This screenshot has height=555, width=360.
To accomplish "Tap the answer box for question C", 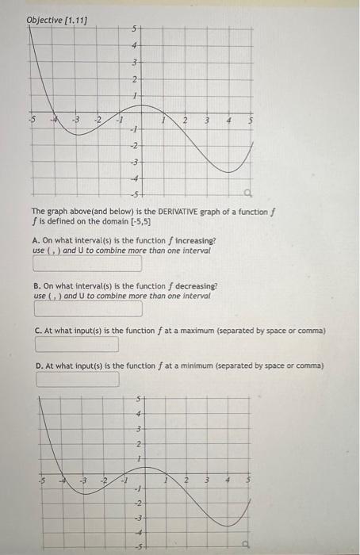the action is [76, 344].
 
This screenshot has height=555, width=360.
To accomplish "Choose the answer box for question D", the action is [76, 379].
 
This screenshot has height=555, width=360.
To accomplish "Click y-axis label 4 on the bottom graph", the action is [140, 414].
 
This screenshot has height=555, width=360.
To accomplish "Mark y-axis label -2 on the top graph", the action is [134, 146].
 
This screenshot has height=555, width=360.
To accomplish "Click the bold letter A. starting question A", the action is [37, 240].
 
